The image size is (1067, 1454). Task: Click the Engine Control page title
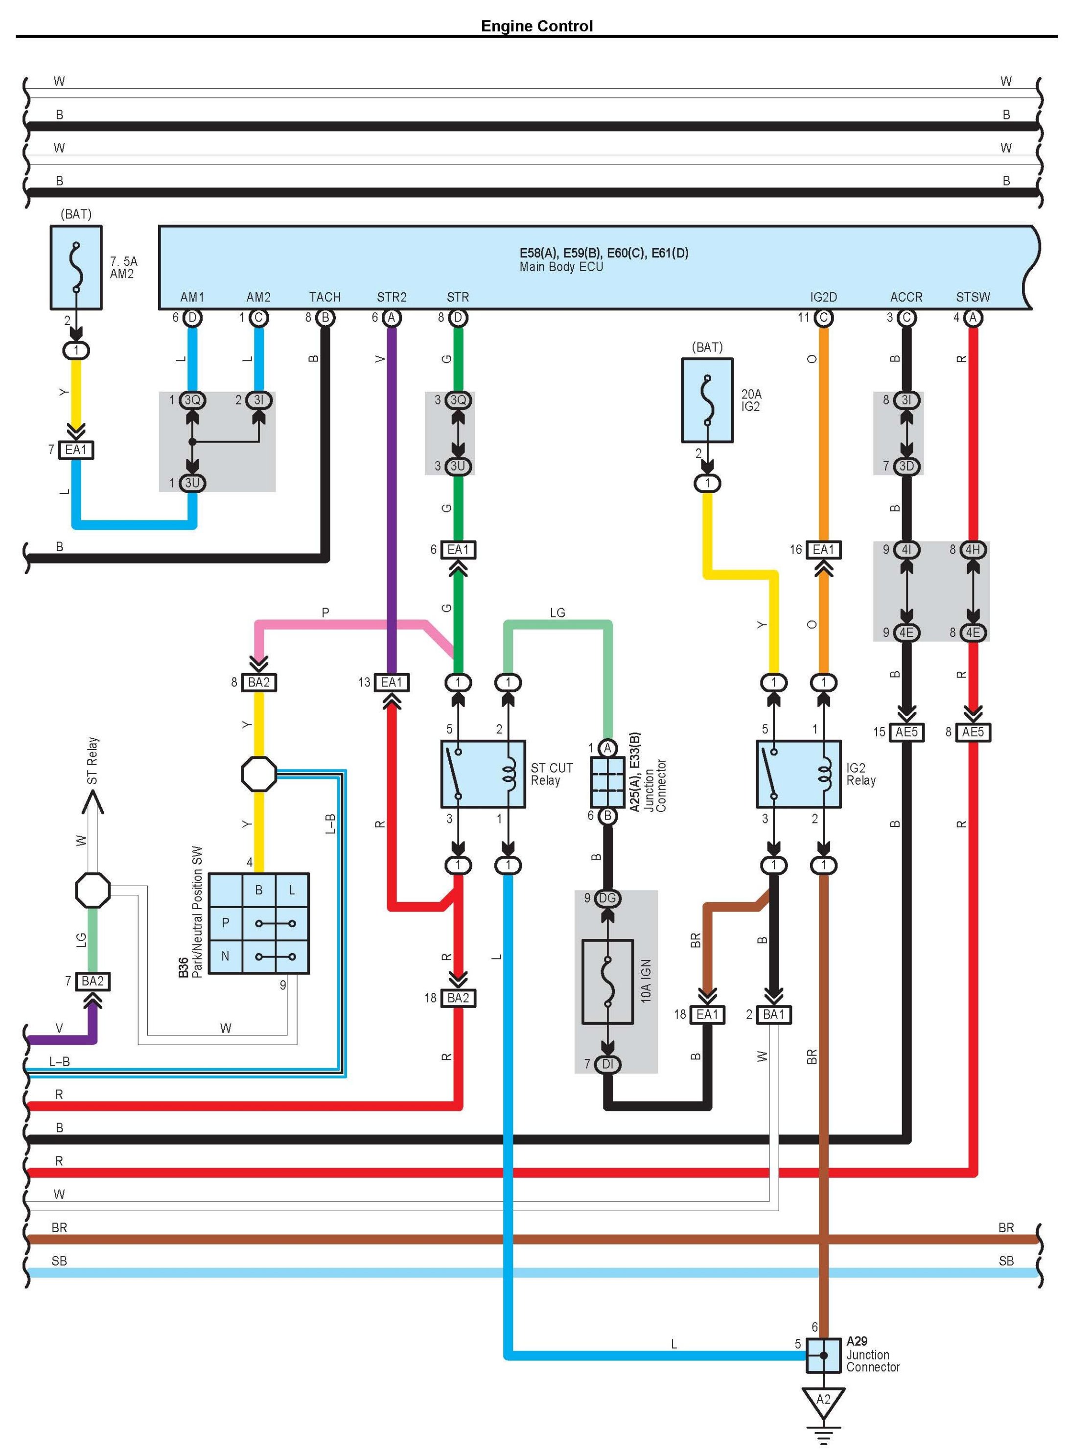point(537,26)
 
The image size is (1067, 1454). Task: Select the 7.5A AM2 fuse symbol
point(76,267)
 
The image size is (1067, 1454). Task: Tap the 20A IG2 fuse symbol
point(707,400)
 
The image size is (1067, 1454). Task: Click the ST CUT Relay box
point(483,774)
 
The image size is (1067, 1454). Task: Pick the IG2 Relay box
point(798,774)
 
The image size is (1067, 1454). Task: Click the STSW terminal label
point(973,297)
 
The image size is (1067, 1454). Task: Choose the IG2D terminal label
point(824,297)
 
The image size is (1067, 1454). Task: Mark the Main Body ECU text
point(561,267)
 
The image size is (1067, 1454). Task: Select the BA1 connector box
point(774,1014)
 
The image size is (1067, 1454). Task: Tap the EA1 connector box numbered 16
point(824,550)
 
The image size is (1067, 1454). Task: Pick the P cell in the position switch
point(226,922)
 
